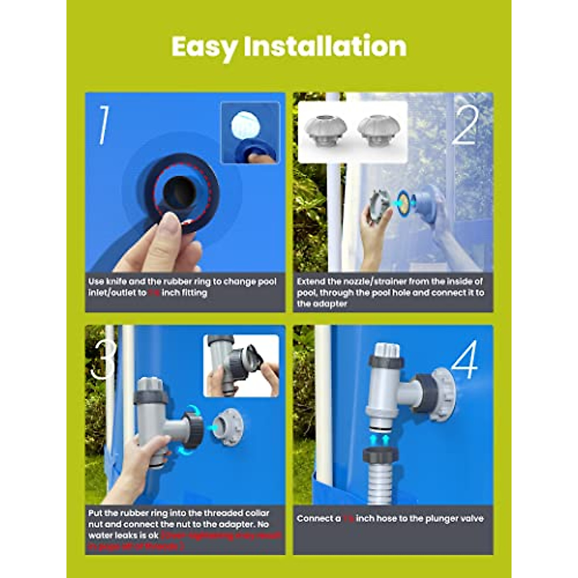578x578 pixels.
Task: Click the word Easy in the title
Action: pos(204,47)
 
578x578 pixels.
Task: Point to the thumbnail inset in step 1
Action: pos(250,132)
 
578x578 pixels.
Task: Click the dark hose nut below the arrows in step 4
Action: pos(380,455)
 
